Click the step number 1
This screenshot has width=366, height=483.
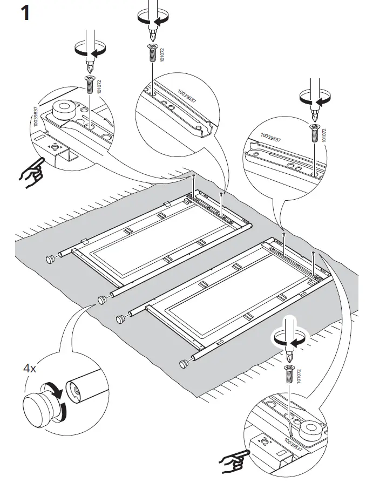point(24,13)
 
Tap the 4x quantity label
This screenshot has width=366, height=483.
point(30,370)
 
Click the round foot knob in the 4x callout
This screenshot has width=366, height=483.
point(38,403)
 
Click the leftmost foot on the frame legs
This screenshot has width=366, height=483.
point(50,259)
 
